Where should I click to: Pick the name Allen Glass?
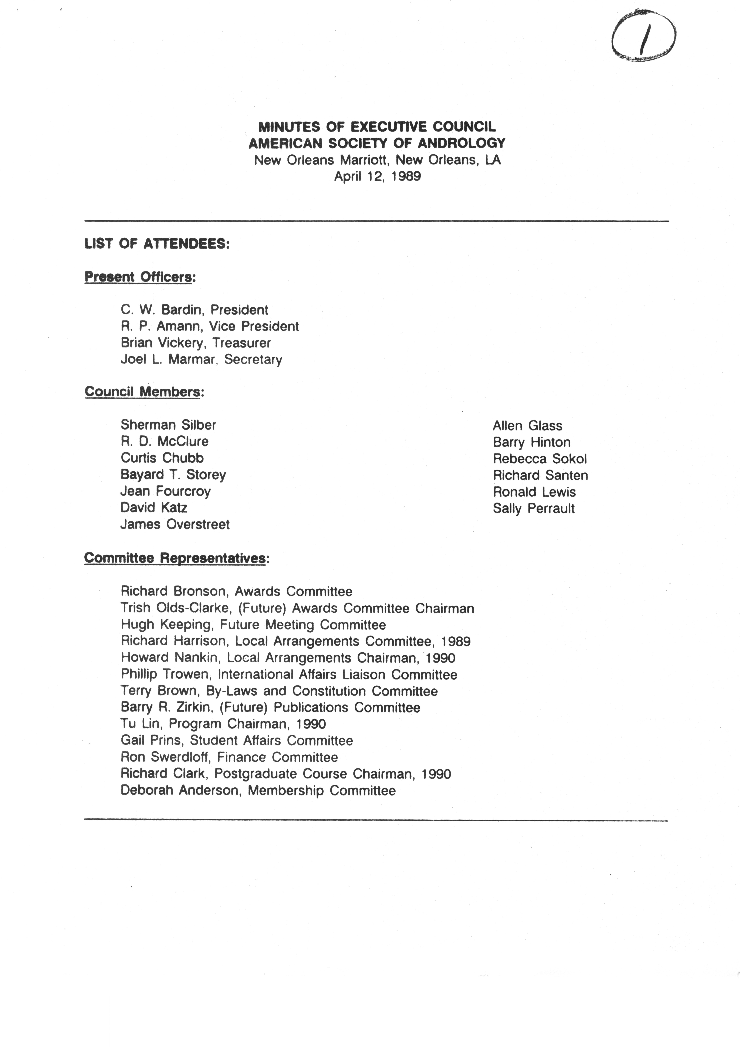pos(528,426)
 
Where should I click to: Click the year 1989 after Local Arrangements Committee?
pos(456,642)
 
